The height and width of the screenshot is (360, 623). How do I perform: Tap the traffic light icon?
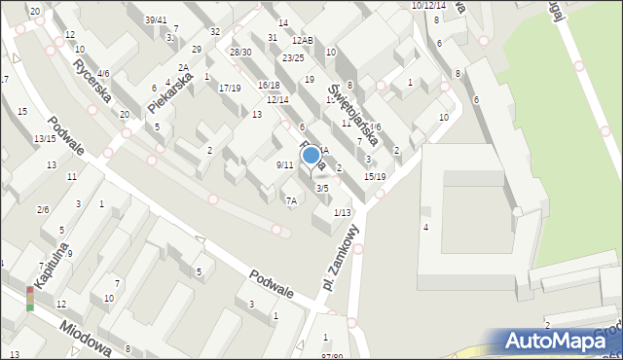(30, 298)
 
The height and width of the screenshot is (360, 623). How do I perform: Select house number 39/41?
(156, 19)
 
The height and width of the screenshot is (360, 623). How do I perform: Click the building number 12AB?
(302, 41)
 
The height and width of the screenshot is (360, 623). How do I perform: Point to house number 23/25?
(293, 58)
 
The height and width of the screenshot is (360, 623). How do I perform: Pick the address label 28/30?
(240, 53)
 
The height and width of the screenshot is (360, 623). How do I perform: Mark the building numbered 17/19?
(230, 88)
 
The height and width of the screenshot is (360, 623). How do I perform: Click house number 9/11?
(284, 164)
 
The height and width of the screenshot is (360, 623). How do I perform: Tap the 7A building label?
(290, 200)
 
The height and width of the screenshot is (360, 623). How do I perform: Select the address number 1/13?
(342, 212)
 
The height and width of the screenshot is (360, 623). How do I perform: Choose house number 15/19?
(375, 176)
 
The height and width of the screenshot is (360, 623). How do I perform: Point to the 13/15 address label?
(45, 139)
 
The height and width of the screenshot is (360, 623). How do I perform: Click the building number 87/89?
(332, 356)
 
